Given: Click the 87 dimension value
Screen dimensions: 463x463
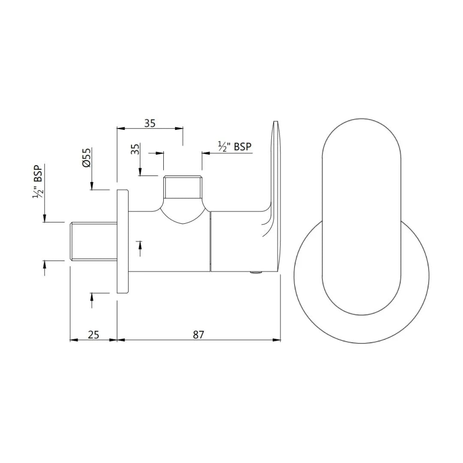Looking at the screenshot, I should (x=198, y=334).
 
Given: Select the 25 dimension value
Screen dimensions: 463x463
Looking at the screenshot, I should (x=93, y=334).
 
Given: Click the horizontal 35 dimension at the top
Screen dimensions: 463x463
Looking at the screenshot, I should (x=150, y=123).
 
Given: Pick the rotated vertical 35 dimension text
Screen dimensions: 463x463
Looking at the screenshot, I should (x=135, y=150).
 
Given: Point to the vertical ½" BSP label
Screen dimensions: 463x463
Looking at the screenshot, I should (x=38, y=181).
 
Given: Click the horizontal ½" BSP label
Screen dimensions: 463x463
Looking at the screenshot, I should (x=235, y=147).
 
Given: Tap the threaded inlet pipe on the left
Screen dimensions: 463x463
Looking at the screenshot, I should (x=93, y=241).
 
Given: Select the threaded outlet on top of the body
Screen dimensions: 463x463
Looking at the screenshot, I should (x=183, y=187).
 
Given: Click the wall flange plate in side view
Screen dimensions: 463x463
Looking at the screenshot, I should (x=123, y=241).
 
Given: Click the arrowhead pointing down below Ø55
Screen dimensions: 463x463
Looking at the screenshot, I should (x=91, y=185).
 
